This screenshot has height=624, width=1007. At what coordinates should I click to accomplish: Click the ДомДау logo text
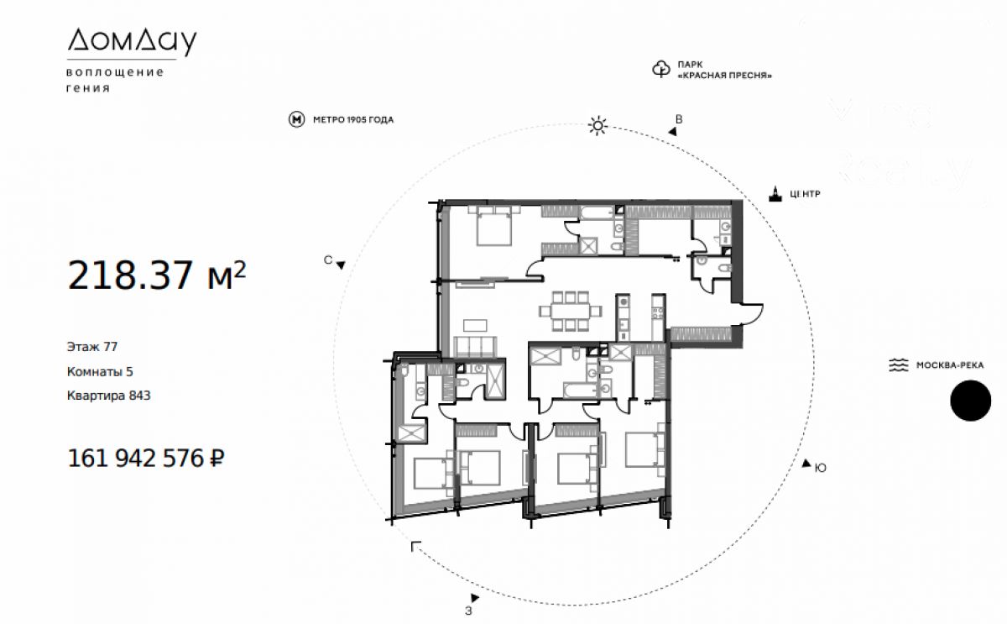(132, 42)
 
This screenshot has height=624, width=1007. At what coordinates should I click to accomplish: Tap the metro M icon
(297, 119)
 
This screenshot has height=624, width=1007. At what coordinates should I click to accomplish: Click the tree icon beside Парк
(661, 69)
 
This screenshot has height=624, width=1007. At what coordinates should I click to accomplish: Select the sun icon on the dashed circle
(597, 126)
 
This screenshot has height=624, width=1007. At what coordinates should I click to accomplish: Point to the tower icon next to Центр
(775, 193)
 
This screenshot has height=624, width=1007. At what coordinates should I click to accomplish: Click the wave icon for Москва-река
(898, 364)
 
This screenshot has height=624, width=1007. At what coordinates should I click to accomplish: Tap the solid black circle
(971, 401)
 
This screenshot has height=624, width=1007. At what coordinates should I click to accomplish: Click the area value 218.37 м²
(157, 275)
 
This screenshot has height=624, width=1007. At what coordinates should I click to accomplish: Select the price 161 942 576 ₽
(146, 458)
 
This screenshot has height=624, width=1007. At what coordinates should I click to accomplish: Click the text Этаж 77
(92, 347)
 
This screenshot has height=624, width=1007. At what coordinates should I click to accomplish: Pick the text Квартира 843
(109, 396)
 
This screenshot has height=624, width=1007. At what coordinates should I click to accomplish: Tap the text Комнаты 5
(100, 371)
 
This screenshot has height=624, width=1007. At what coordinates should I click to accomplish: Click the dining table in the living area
(571, 311)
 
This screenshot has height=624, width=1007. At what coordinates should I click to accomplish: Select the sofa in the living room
(475, 347)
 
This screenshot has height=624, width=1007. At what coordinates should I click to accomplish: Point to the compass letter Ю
(821, 469)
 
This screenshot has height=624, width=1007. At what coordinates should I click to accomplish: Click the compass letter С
(328, 260)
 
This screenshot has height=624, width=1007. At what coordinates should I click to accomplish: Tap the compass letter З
(468, 611)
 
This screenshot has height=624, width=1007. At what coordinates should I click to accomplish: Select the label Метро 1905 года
(353, 119)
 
